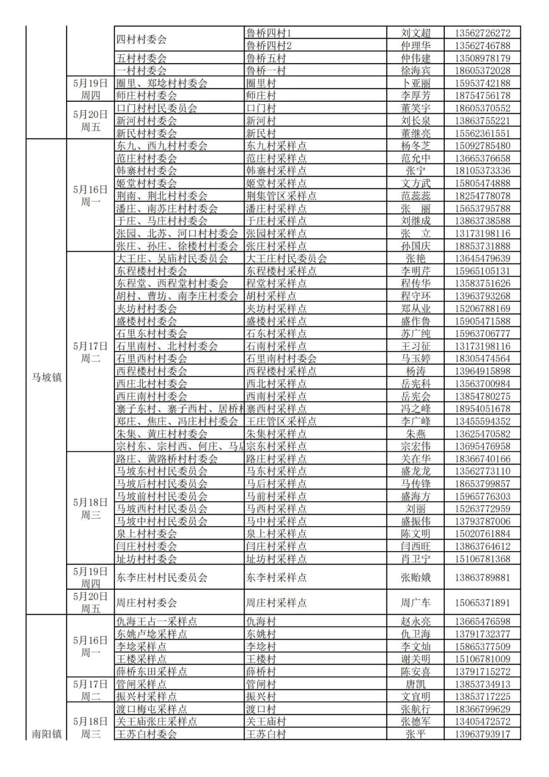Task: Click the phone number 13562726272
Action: [482, 33]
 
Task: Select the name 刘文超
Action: [415, 33]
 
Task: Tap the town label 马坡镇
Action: [46, 377]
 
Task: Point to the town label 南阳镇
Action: [46, 734]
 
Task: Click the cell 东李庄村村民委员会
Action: [162, 578]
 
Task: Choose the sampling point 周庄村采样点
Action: [276, 602]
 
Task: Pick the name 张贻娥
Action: [415, 578]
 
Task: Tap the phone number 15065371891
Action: [482, 602]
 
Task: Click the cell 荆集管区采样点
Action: [281, 196]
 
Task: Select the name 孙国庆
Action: [415, 246]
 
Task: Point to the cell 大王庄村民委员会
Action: [286, 258]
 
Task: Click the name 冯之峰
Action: [415, 409]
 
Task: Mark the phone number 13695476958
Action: [482, 446]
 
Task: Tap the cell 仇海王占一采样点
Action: [157, 621]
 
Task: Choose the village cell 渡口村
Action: [261, 709]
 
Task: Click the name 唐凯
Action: [415, 684]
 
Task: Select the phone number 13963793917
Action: [482, 734]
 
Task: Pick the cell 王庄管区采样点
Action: [281, 421]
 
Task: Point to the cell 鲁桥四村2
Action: [268, 45]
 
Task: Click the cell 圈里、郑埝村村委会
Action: [162, 83]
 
